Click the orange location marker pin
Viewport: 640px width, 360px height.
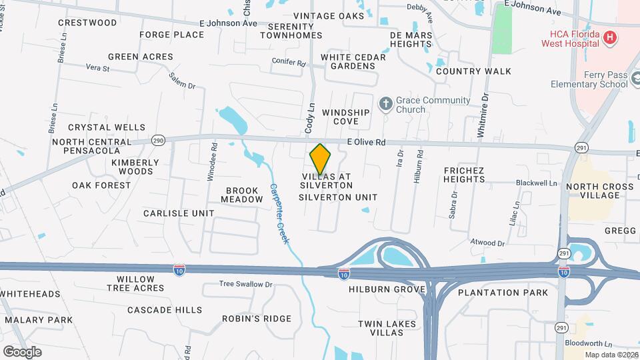320,159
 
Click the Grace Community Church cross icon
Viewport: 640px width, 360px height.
385,103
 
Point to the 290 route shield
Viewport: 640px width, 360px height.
158,140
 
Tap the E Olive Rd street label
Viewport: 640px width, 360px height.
366,142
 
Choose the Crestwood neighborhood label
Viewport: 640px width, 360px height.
87,23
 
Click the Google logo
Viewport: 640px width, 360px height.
22,351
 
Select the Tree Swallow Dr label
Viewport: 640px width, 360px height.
246,284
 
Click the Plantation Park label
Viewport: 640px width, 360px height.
503,292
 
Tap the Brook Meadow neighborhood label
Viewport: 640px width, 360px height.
241,195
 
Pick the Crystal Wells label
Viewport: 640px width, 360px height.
107,127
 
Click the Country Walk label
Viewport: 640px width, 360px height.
473,71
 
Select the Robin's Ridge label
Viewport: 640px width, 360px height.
247,319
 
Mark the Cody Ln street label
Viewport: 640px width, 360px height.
309,116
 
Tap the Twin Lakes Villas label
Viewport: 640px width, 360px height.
387,328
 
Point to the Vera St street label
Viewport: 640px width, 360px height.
97,67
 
